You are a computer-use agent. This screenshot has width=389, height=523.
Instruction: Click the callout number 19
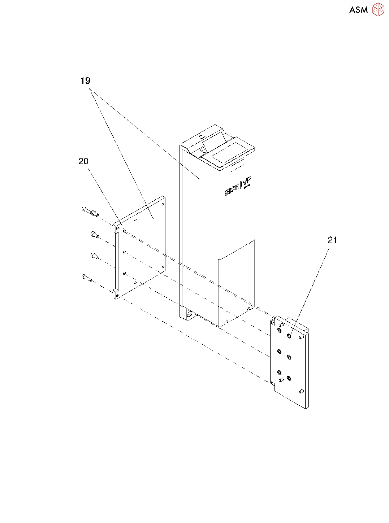85,81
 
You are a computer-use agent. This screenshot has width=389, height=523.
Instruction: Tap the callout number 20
83,161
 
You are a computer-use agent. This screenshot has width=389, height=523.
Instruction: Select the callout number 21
332,240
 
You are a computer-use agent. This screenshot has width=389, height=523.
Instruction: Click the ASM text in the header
358,10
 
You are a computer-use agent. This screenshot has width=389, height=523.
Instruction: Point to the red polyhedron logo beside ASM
378,9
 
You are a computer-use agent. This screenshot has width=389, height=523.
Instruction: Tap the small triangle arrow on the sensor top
202,137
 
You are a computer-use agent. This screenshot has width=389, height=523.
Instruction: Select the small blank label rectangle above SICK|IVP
237,165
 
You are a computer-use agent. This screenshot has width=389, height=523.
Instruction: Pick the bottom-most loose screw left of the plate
87,278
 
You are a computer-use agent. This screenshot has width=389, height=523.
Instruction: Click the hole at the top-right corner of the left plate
163,204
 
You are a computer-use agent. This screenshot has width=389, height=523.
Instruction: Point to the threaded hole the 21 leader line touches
289,336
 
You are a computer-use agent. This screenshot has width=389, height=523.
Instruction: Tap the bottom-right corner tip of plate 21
306,409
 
